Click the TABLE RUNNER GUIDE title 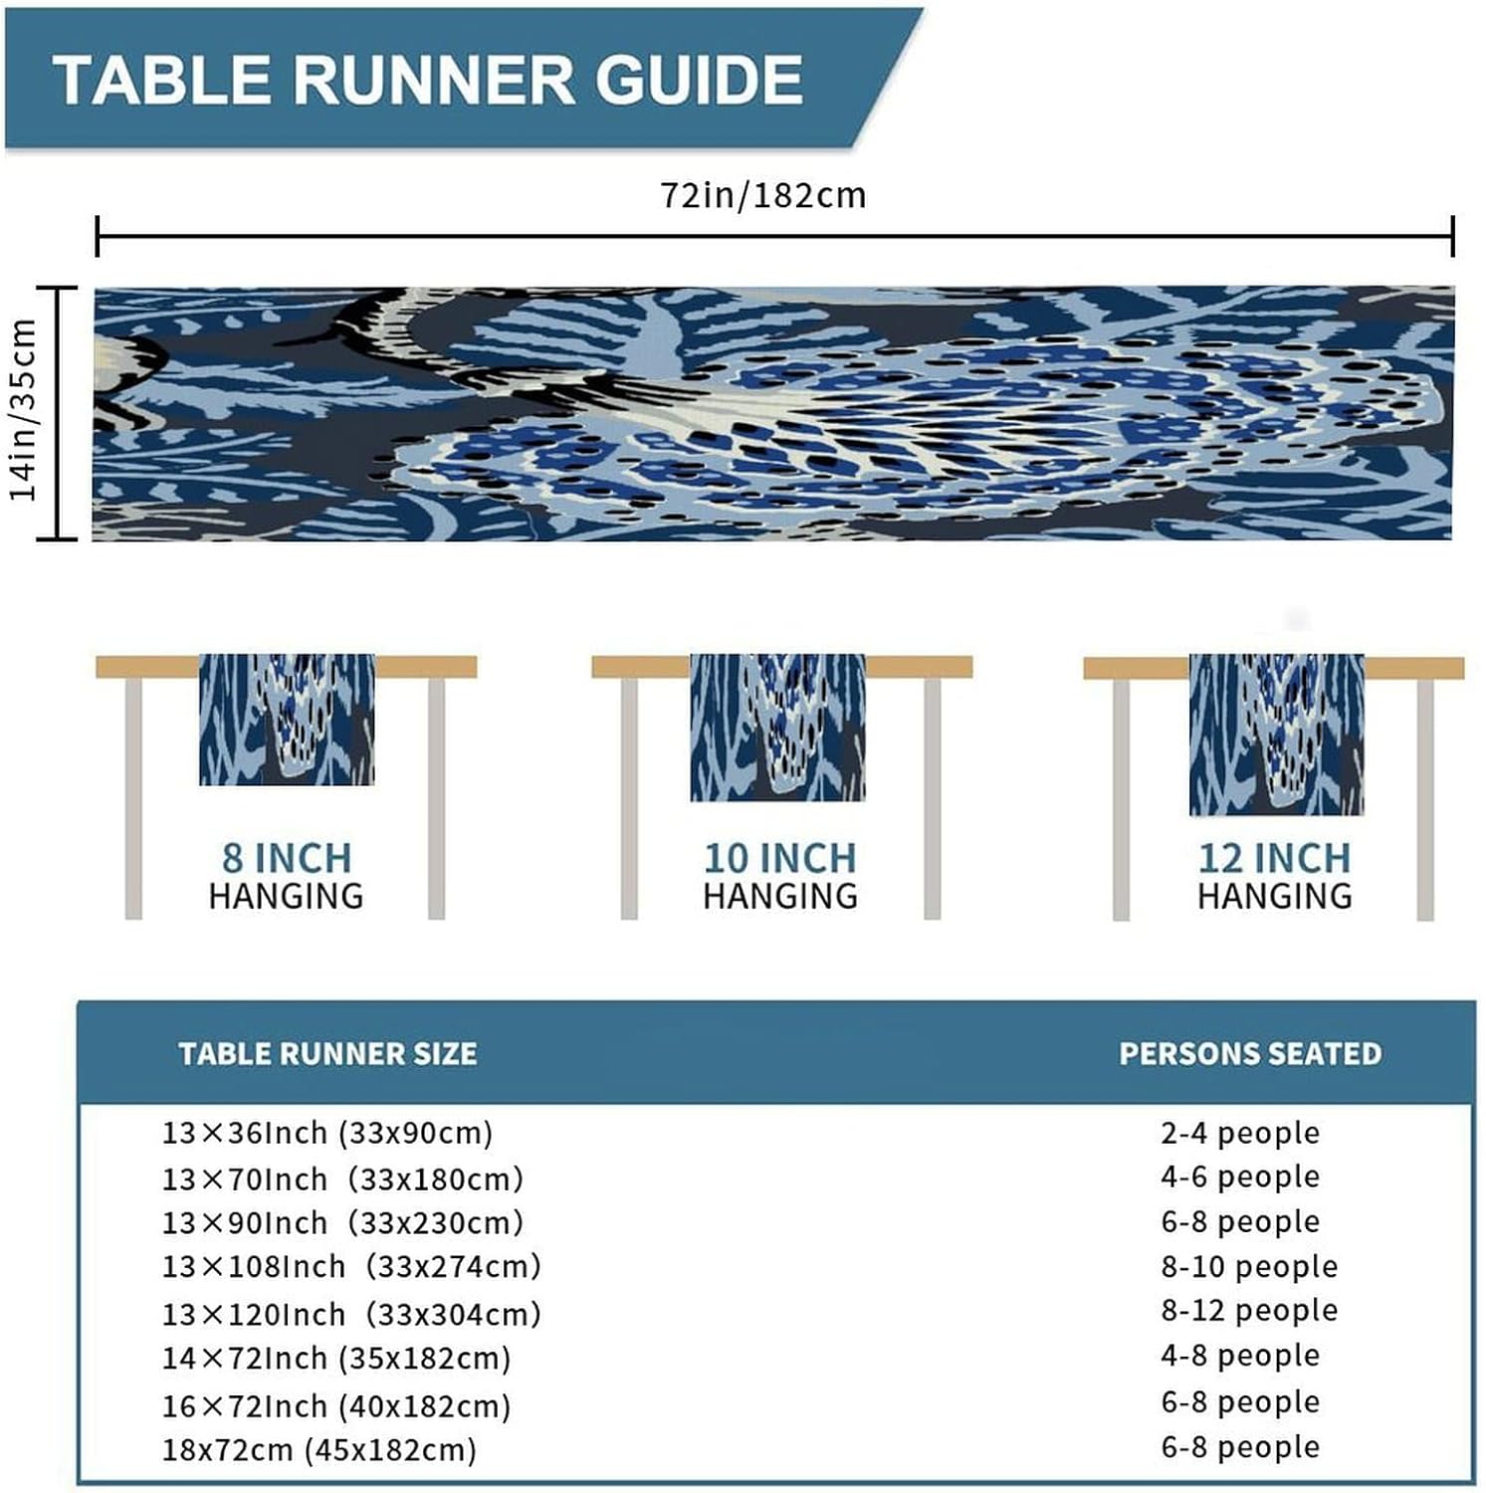pos(428,80)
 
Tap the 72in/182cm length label pos(763,195)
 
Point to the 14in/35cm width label pos(24,409)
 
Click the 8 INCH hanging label pos(287,876)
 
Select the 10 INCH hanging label pos(780,876)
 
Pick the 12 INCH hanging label pos(1275,876)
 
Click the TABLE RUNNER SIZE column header pos(327,1053)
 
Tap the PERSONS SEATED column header pos(1250,1053)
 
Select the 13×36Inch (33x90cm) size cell pos(327,1133)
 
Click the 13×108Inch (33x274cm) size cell pos(351,1266)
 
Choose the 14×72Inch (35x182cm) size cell pos(336,1358)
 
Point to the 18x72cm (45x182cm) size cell pos(319,1449)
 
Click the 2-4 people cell pos(1240,1133)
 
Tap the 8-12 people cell pos(1249,1310)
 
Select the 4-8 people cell pos(1240,1355)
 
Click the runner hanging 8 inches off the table pos(287,720)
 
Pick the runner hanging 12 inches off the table pos(1276,735)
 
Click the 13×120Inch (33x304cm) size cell pos(351,1314)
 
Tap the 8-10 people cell pos(1249,1266)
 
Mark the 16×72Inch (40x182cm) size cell pos(336,1405)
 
